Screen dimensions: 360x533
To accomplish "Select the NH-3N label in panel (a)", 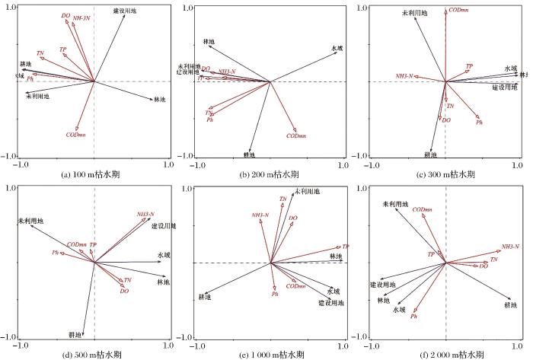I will click(83, 18).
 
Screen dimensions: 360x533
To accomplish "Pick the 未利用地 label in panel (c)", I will click(415, 13).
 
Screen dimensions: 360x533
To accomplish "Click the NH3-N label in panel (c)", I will click(404, 76).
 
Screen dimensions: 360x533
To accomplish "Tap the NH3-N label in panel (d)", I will click(146, 215).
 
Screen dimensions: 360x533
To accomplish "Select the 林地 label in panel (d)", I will click(163, 282).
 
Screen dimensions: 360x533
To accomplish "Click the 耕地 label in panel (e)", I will click(205, 296).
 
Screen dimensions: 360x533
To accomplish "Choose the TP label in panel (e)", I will click(345, 247).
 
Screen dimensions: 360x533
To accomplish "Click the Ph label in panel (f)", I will click(413, 316).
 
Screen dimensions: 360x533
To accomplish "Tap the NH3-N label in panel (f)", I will click(510, 247).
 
